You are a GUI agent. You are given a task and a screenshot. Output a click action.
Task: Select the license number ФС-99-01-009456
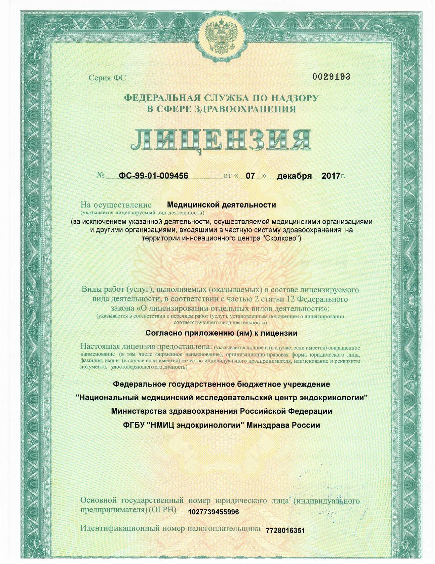(x=153, y=176)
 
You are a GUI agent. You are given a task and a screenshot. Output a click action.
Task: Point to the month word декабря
(x=294, y=176)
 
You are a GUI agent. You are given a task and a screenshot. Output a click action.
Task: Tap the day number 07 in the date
(x=250, y=176)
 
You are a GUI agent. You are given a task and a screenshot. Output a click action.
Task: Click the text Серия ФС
(x=107, y=78)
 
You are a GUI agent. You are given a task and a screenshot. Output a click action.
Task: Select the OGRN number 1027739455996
(x=213, y=512)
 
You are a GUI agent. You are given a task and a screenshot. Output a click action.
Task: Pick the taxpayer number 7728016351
(x=285, y=531)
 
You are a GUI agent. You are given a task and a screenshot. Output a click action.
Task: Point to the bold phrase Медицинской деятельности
(x=221, y=205)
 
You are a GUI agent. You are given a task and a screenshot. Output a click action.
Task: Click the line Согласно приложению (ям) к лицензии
(x=221, y=333)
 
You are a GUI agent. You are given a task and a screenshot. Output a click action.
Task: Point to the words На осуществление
(x=116, y=205)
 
